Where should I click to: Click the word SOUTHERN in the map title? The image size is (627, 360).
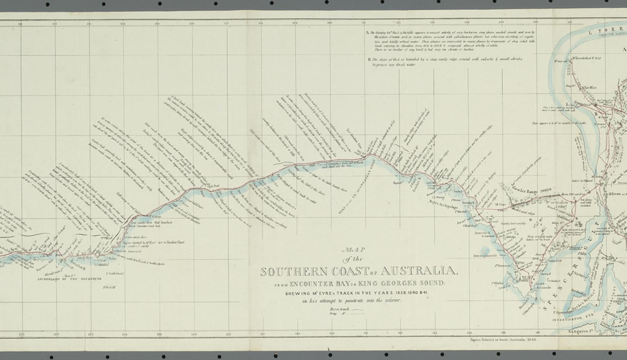(x=294, y=272)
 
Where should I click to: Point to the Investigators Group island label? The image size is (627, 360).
(x=484, y=256)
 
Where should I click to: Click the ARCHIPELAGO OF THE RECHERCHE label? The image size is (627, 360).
(x=66, y=279)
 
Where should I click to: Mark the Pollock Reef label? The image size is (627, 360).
(x=110, y=287)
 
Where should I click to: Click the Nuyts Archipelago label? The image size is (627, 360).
(x=442, y=202)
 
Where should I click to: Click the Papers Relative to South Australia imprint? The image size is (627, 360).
(x=502, y=339)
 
